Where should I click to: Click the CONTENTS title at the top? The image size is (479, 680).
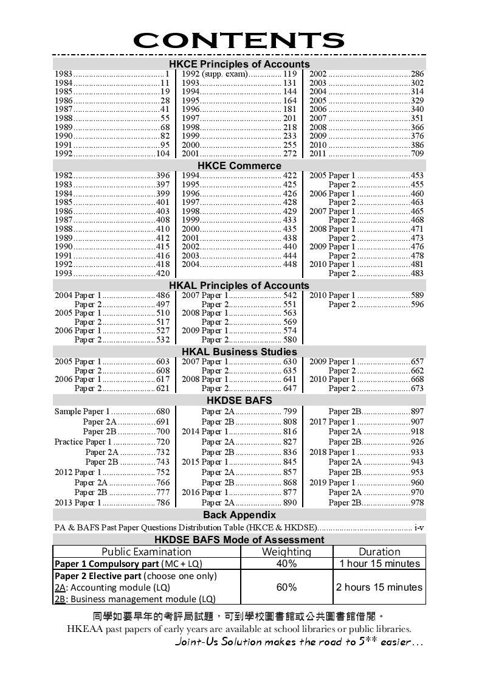click(239, 40)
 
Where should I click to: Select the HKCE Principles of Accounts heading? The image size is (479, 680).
click(239, 64)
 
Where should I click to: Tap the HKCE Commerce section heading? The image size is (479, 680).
click(239, 165)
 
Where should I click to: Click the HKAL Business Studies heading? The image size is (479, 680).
click(239, 352)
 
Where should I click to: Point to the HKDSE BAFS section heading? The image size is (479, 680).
click(239, 400)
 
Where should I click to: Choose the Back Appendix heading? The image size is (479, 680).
click(239, 515)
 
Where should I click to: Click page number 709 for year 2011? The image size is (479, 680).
click(417, 154)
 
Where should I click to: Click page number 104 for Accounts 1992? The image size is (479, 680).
click(162, 154)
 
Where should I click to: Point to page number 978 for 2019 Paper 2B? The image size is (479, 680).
click(417, 503)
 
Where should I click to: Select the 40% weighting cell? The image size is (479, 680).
click(286, 564)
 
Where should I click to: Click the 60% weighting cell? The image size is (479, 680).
click(286, 587)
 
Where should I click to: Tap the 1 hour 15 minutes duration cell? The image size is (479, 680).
click(379, 564)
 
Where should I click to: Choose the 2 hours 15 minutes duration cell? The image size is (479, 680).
click(379, 587)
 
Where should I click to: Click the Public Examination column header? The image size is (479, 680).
click(146, 552)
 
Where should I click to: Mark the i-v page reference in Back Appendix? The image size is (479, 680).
click(419, 528)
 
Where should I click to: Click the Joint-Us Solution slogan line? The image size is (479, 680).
click(298, 642)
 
